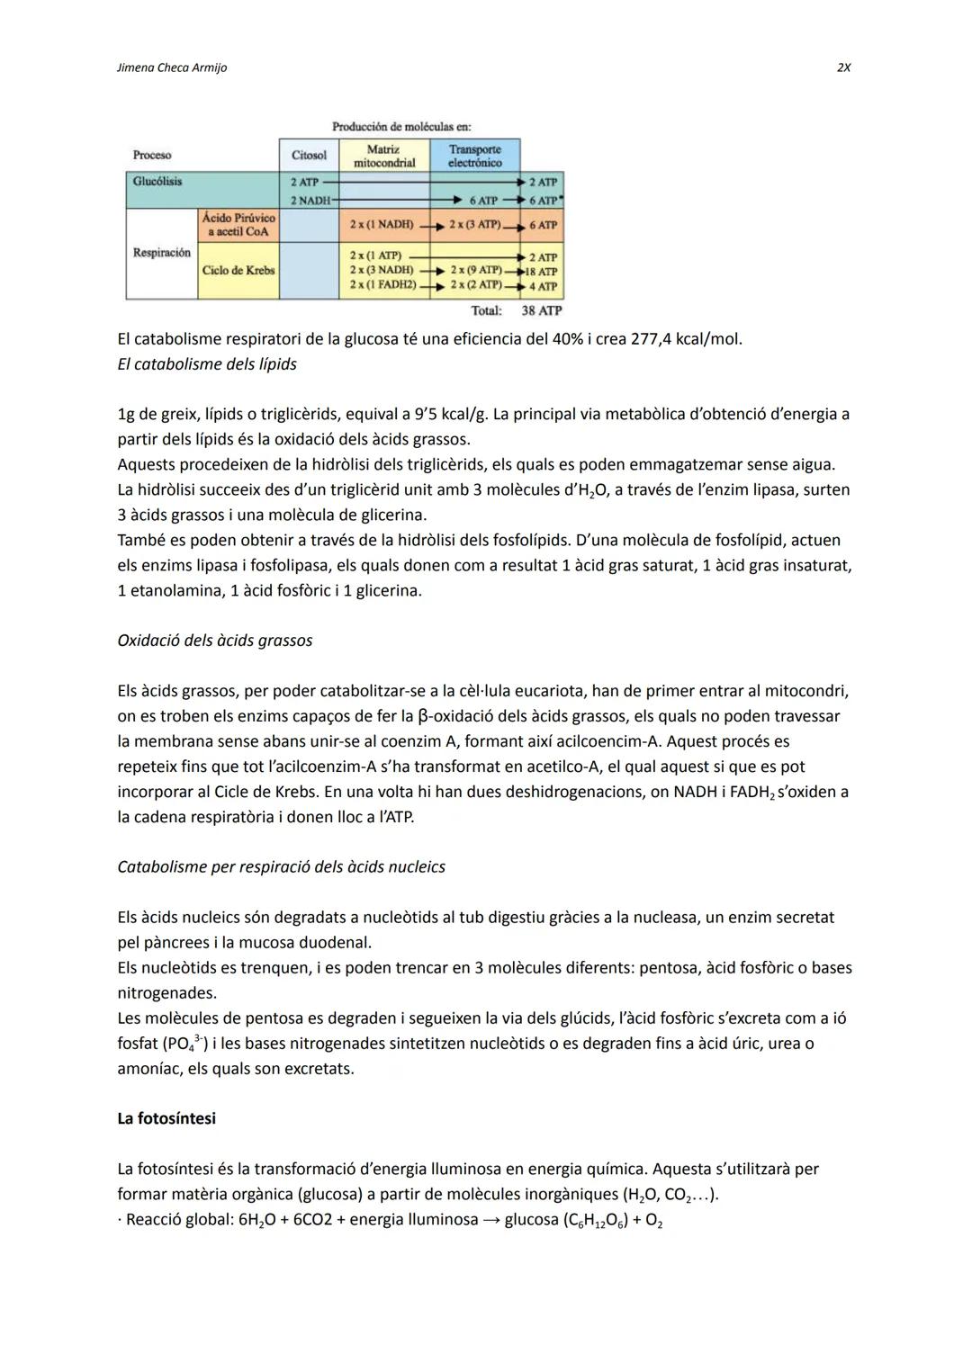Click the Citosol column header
click(x=309, y=156)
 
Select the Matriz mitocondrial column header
click(x=384, y=156)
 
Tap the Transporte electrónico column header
click(x=474, y=156)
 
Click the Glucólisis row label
click(x=157, y=182)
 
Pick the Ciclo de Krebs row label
click(x=238, y=270)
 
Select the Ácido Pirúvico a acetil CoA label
click(x=238, y=225)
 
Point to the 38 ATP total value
click(x=541, y=310)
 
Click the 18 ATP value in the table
click(x=543, y=272)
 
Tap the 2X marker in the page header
click(x=843, y=68)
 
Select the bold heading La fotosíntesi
click(x=166, y=1118)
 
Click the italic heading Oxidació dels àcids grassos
click(x=215, y=641)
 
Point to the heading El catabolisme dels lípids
click(x=207, y=364)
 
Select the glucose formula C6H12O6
click(x=594, y=1221)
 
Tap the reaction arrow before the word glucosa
click(x=490, y=1220)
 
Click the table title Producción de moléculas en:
click(x=401, y=127)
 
